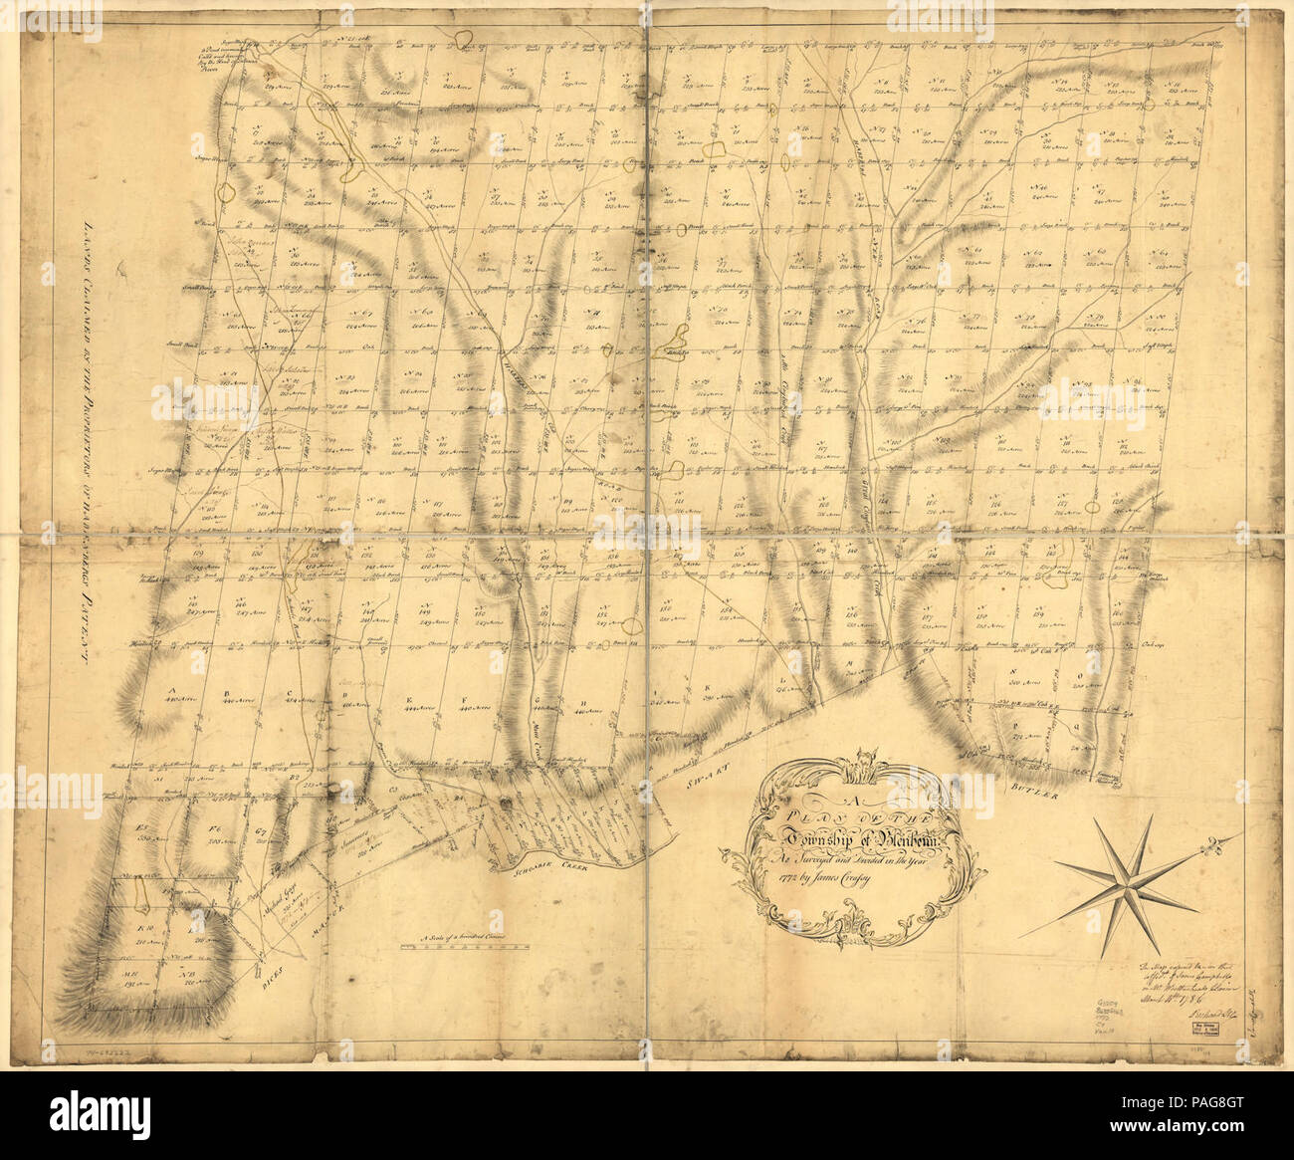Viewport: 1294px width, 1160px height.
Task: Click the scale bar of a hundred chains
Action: coord(472,950)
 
